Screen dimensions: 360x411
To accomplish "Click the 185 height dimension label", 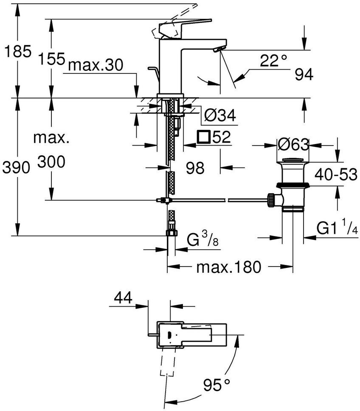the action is [x=18, y=51].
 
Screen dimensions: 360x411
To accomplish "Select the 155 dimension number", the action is [x=51, y=59].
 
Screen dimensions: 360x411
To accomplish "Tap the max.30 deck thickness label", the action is [x=96, y=65].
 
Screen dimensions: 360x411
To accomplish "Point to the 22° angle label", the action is [x=273, y=61].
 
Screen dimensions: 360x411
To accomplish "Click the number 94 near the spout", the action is [x=304, y=74].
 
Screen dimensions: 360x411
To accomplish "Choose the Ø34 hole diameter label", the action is [x=220, y=115].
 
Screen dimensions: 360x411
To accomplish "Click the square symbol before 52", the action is [x=204, y=137].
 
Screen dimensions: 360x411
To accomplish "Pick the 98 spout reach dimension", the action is [x=195, y=168].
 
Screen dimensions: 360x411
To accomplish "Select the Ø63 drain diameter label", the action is [x=293, y=144].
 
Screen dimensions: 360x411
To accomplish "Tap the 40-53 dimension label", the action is [x=336, y=175].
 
